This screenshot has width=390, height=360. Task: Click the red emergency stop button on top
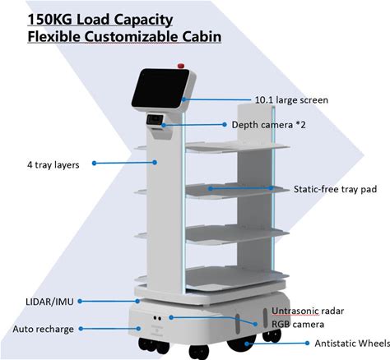(181, 66)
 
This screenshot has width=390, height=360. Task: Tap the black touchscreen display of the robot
(160, 88)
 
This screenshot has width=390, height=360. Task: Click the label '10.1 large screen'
(291, 100)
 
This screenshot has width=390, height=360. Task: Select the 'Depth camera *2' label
(268, 125)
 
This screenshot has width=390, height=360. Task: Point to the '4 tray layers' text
(53, 165)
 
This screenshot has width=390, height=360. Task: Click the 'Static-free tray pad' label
(335, 189)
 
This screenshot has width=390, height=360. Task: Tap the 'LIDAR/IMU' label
(49, 302)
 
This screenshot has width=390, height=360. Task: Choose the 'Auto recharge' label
(44, 329)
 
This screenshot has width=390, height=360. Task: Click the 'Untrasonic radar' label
(308, 311)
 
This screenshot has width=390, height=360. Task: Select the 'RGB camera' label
(298, 325)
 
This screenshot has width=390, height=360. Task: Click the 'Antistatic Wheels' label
(352, 344)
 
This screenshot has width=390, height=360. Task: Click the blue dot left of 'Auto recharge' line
(81, 329)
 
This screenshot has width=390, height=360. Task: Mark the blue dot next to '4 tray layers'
(95, 163)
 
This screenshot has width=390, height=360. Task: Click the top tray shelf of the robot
(237, 147)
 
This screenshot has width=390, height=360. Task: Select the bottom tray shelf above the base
(237, 277)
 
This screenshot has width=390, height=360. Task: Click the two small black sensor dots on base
(157, 318)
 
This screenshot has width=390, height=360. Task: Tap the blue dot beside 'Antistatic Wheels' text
(307, 343)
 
